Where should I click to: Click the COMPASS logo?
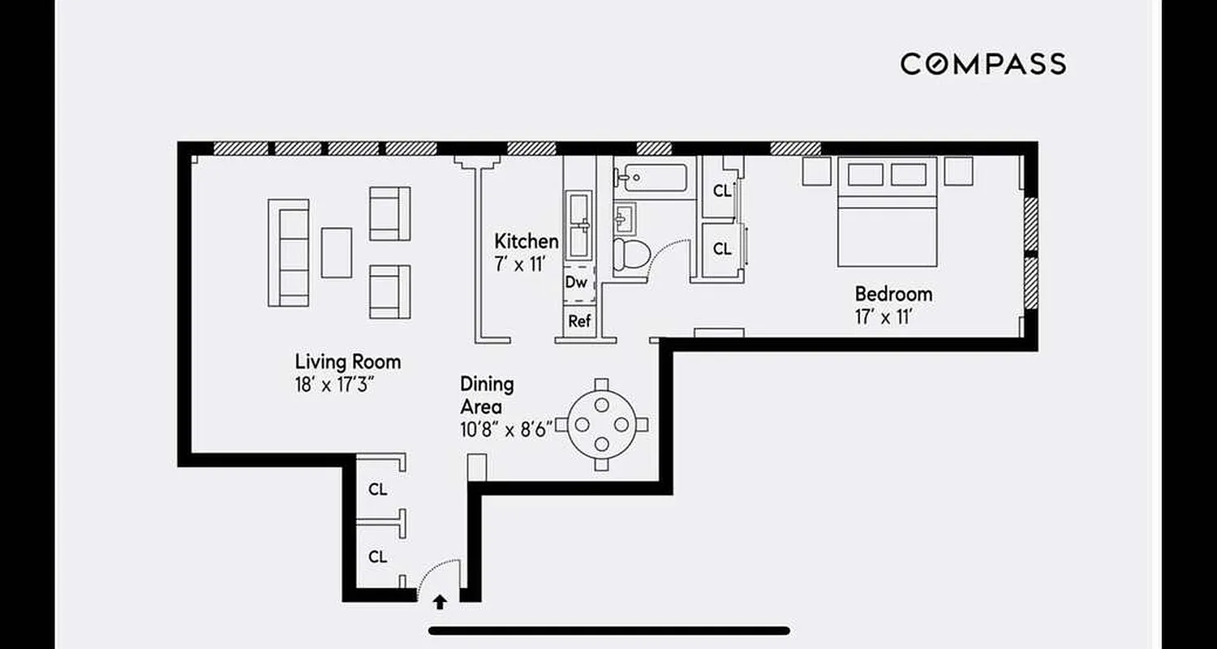point(983,63)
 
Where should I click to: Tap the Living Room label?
point(347,362)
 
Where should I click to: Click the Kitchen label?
point(527,241)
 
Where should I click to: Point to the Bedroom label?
point(893,294)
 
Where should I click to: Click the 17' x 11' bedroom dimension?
point(884,316)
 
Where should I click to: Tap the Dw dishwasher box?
point(576,282)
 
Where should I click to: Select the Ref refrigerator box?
point(579,321)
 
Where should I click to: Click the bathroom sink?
point(626,217)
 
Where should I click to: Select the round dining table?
point(601,424)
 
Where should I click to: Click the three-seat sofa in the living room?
point(288,252)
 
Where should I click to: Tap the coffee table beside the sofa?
point(336,252)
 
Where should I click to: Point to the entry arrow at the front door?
point(440,602)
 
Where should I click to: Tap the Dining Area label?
point(487,395)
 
